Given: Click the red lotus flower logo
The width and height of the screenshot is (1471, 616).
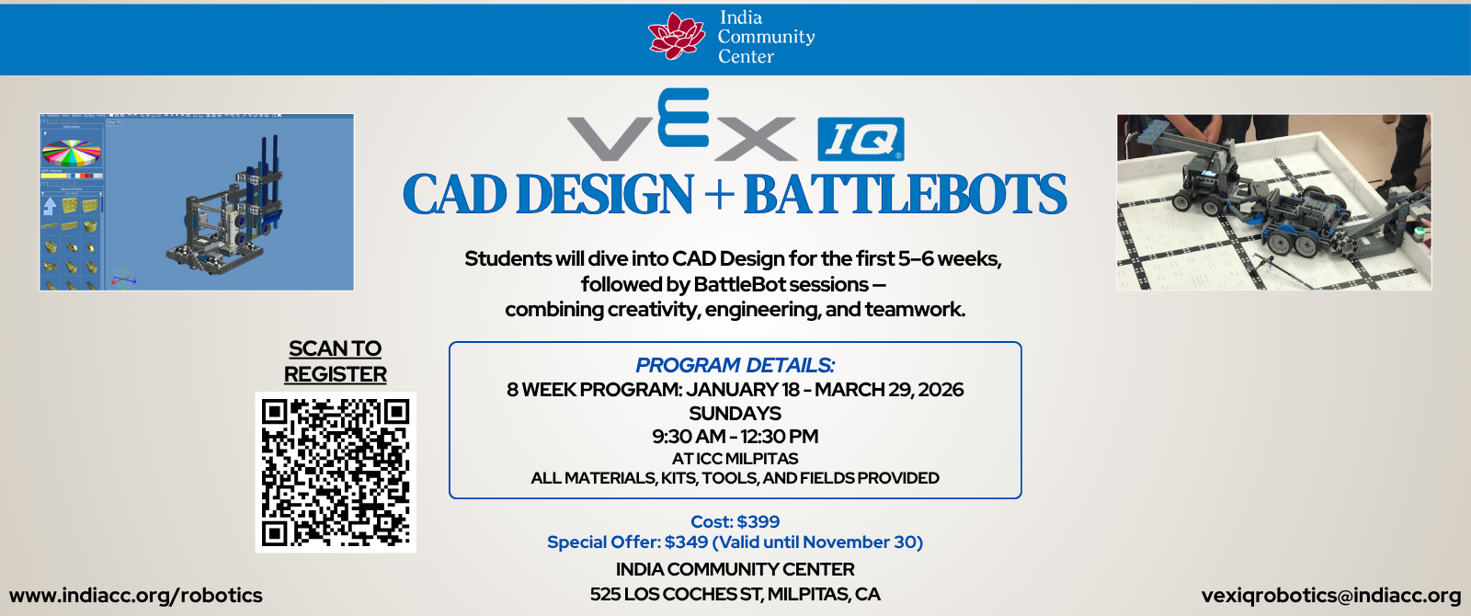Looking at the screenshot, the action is coord(677,36).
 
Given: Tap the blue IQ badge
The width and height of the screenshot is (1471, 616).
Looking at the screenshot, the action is coord(861,139).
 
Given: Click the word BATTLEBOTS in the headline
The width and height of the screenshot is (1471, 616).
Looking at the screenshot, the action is coord(905,194).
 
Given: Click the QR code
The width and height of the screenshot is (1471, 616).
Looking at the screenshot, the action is coord(336,473).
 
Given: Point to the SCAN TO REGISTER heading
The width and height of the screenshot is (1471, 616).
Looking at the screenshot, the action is coord(336,360).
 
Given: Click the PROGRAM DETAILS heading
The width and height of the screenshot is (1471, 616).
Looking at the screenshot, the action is coord(735,365).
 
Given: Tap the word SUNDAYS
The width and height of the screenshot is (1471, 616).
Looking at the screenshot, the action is coord(735,413).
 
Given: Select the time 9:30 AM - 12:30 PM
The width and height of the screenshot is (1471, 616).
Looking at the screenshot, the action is coord(735,436).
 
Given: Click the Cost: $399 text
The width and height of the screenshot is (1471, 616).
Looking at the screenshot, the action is coord(735,521).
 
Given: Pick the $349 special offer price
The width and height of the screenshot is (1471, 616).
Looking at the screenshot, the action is coord(686,542).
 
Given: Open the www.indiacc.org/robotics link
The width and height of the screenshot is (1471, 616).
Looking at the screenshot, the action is coord(136,595).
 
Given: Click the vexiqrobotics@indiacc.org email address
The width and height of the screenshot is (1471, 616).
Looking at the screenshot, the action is coord(1331,595).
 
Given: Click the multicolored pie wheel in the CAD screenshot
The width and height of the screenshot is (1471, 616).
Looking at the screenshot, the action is coord(72,153).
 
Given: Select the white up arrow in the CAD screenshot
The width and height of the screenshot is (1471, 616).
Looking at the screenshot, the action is coord(50,206).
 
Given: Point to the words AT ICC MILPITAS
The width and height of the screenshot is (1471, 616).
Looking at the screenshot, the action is coord(735,459).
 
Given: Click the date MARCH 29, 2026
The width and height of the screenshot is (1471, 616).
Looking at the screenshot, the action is coord(889,390).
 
